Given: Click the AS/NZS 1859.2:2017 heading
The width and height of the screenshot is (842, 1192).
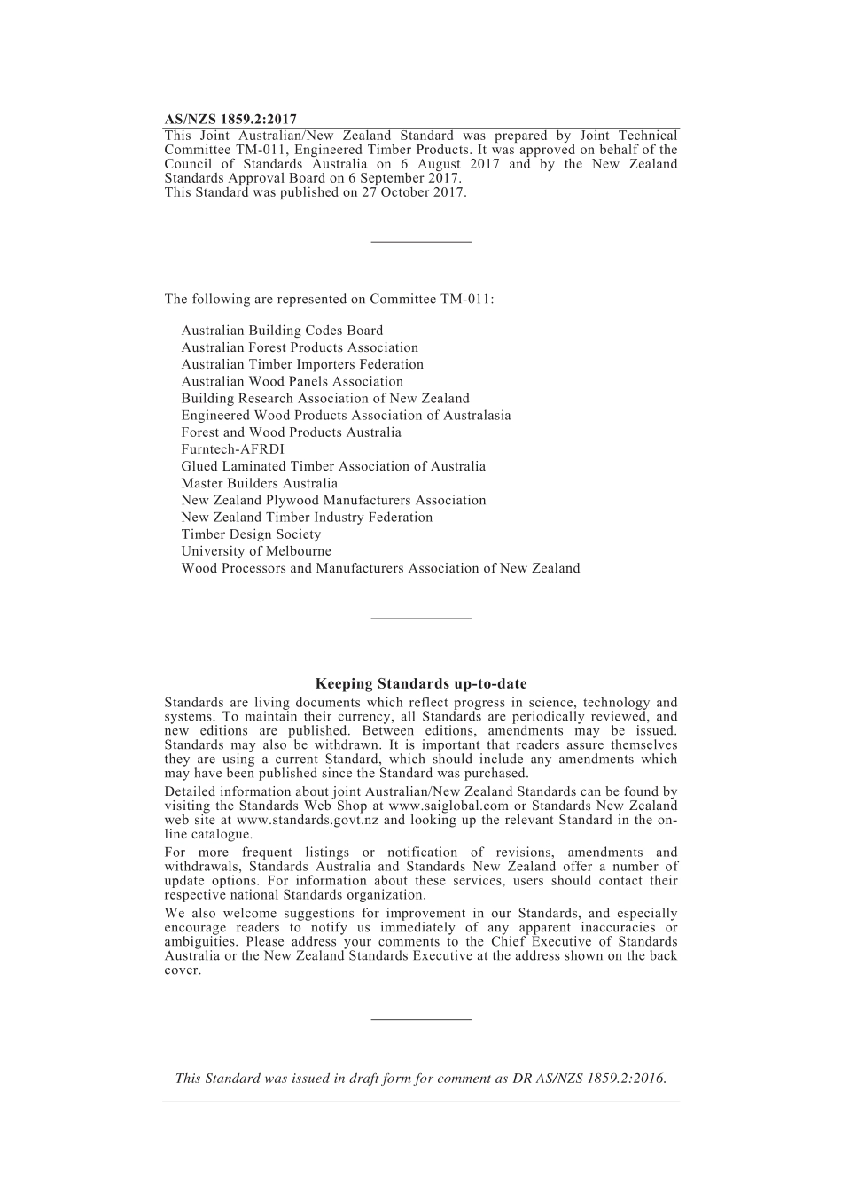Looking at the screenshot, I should coord(230,119).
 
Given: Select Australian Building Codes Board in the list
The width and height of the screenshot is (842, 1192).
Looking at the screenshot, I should coord(282,331).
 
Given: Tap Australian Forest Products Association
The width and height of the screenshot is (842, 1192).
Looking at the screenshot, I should coord(300,347).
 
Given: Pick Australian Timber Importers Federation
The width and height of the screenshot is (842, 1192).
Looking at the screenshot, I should coord(302,364).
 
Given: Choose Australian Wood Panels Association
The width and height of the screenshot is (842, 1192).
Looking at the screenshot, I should coord(292,381).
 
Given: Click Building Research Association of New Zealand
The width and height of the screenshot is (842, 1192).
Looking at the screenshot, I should coord(325,398).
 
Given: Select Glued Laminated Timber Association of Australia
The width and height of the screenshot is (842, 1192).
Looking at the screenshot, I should coord(333,466).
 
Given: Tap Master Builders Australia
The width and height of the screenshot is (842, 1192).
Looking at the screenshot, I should coord(259,483).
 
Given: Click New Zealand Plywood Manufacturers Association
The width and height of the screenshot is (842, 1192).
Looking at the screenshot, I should coord(333,500).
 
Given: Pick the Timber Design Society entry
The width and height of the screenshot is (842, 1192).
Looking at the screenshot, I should coord(251,534).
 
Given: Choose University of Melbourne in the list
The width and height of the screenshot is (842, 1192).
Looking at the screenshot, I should coord(256,551).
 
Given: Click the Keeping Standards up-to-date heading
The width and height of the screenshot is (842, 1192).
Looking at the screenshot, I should coord(421,683).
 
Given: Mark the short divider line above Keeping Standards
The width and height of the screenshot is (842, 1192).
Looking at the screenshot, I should coord(421,619).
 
